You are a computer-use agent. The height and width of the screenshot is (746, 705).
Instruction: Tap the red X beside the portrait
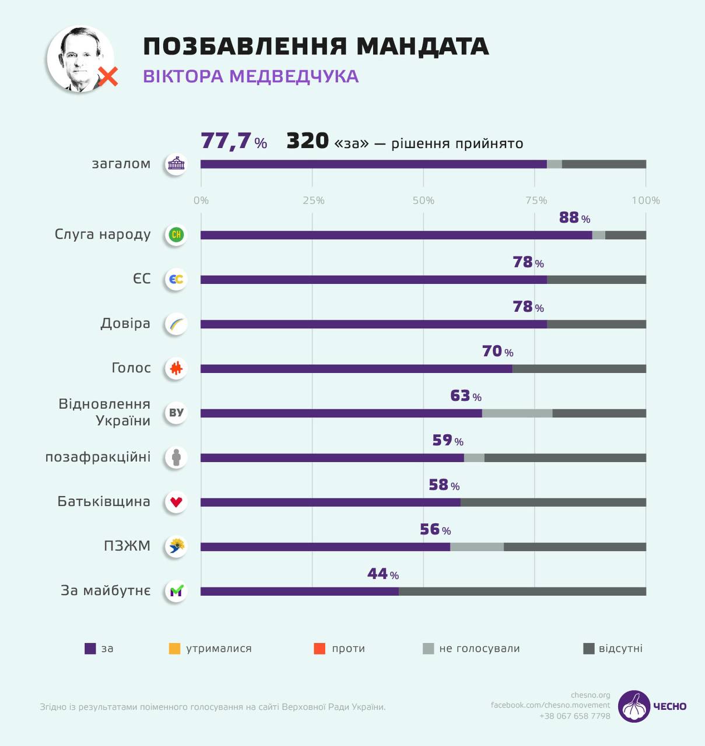108,76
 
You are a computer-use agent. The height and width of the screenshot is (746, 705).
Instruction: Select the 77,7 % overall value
233,141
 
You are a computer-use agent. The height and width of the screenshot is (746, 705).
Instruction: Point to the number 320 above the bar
307,141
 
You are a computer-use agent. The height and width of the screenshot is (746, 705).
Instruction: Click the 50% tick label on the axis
423,200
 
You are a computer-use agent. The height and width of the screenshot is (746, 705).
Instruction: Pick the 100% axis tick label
646,200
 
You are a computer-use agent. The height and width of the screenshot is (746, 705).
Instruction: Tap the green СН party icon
176,235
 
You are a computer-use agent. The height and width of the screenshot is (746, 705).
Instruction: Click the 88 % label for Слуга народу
574,218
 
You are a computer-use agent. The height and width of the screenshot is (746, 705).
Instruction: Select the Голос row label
131,368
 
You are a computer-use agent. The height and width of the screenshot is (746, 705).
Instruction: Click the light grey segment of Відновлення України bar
517,413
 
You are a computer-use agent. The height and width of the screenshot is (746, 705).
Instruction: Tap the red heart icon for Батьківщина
176,502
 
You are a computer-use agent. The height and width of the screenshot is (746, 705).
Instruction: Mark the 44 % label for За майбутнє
383,574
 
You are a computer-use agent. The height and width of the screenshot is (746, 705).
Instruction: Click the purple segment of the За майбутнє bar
300,592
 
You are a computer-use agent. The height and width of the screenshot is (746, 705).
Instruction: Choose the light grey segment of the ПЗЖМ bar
477,547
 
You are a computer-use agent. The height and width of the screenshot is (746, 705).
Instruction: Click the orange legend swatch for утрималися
174,649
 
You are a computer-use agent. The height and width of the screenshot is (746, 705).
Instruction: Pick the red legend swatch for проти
320,649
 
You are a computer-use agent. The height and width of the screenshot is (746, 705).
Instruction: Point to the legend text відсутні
620,649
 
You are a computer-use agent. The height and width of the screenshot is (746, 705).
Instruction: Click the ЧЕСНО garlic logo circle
634,706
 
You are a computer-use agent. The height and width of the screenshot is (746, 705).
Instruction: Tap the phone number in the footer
574,716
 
